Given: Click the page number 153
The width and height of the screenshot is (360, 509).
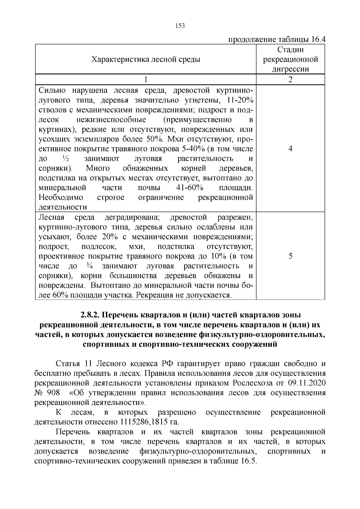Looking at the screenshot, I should pyautogui.click(x=180, y=26).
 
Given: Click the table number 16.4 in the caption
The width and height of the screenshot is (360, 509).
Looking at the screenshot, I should pyautogui.click(x=318, y=40).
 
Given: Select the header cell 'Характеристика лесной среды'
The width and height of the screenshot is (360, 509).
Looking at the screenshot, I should pyautogui.click(x=146, y=59).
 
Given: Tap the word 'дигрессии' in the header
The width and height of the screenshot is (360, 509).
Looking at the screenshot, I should pyautogui.click(x=290, y=69).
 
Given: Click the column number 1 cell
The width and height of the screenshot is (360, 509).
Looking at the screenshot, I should pyautogui.click(x=146, y=79).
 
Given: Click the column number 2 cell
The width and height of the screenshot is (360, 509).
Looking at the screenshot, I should pyautogui.click(x=290, y=79).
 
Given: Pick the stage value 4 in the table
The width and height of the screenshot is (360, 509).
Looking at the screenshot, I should pyautogui.click(x=290, y=149).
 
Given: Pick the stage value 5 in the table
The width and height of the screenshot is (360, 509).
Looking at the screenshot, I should pyautogui.click(x=290, y=256).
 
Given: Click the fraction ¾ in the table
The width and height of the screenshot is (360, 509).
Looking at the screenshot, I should pyautogui.click(x=89, y=266).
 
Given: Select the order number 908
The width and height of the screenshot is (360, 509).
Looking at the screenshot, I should pyautogui.click(x=53, y=393).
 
